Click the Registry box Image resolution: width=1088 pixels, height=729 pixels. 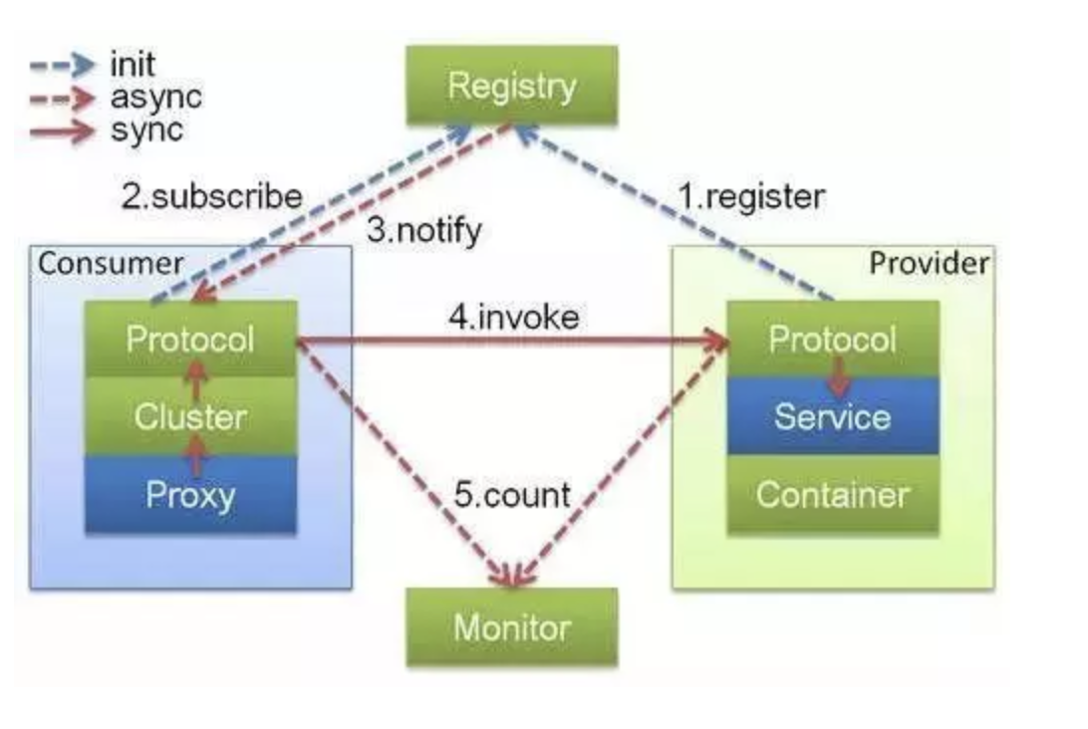point(511,86)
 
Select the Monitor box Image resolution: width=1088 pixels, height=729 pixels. point(511,627)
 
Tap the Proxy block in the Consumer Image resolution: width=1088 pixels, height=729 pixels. point(190,495)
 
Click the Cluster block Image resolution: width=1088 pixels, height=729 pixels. point(190,416)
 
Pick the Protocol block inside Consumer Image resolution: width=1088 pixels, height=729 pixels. point(190,340)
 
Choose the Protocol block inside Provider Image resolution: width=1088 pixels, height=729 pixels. point(832,339)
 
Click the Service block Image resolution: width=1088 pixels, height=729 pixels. point(832,416)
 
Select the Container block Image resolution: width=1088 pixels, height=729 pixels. point(832,494)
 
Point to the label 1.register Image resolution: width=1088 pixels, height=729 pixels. point(751,196)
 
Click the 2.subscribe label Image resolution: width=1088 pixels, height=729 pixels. point(211,195)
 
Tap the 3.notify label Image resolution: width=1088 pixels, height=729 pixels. point(423,231)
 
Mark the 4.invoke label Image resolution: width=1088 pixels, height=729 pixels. point(513,319)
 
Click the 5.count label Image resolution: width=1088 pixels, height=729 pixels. point(512,494)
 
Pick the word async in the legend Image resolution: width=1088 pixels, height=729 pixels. point(155,97)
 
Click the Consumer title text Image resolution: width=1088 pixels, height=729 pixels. point(111,264)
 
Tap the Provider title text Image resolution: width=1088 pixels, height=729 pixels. point(930,263)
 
